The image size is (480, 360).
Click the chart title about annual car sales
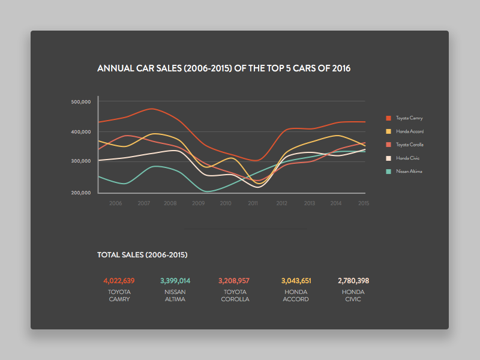[x=224, y=68]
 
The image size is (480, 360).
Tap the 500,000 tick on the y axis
[x=80, y=102]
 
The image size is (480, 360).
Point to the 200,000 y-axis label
[x=80, y=193]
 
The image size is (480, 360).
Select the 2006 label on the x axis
[x=116, y=204]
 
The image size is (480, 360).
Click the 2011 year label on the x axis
[x=253, y=204]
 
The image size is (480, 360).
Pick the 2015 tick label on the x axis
[x=363, y=204]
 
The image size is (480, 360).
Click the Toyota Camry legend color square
[x=388, y=118]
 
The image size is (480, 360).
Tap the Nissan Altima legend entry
[x=409, y=172]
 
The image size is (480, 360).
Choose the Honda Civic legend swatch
[x=388, y=158]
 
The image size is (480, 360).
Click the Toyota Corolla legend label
[x=410, y=145]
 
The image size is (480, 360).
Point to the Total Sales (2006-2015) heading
[x=142, y=255]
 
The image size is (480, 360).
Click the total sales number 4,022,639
[x=119, y=281]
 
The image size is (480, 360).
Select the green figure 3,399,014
[x=175, y=281]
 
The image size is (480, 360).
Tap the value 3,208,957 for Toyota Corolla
[x=234, y=281]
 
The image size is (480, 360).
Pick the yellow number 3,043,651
[x=296, y=281]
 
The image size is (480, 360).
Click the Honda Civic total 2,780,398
[x=353, y=281]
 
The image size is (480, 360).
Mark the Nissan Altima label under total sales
[x=175, y=295]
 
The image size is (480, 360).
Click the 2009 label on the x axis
[x=198, y=204]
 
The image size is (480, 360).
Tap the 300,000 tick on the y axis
[x=80, y=161]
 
